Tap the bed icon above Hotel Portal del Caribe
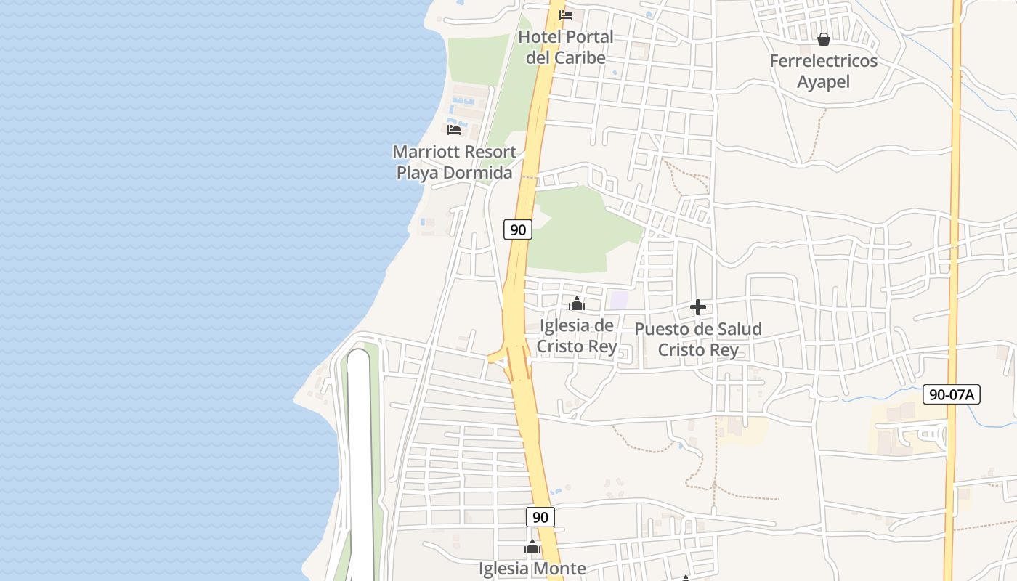pos(566,15)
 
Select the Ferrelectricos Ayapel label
pos(824,71)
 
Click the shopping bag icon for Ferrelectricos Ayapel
pos(824,39)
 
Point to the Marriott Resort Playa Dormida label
pos(454,162)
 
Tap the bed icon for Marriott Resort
pos(454,130)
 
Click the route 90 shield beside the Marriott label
pos(517,230)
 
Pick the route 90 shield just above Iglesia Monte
pos(540,517)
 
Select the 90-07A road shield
pos(952,395)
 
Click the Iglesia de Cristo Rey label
pos(577,336)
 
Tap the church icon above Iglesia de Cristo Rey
pos(577,304)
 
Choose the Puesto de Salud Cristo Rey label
pos(698,339)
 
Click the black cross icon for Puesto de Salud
pos(698,307)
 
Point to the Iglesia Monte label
pos(532,569)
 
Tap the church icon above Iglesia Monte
pos(532,547)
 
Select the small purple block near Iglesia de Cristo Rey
pos(618,300)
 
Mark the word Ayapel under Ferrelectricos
pos(824,81)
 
